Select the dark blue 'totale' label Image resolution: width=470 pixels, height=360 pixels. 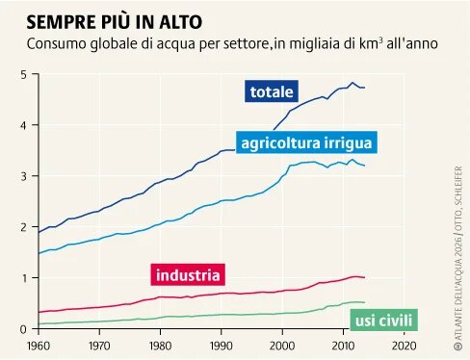(x=272, y=92)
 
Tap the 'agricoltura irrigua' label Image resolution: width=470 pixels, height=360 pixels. (x=305, y=143)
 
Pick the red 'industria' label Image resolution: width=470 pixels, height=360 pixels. (x=188, y=273)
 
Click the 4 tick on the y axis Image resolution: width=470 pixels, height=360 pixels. (x=23, y=125)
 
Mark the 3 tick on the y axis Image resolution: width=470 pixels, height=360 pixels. (x=23, y=176)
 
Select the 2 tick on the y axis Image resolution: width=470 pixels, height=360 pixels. (x=23, y=227)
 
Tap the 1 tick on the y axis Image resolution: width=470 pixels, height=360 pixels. (x=23, y=278)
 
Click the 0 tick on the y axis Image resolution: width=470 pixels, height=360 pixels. (x=23, y=328)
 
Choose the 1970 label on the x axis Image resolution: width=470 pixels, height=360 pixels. (x=100, y=344)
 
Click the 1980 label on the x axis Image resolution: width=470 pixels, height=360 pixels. (x=161, y=344)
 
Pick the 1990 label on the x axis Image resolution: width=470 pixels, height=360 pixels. (x=222, y=344)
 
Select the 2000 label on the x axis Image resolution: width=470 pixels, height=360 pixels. (x=282, y=344)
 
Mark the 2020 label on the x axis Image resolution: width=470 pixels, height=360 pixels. (x=404, y=344)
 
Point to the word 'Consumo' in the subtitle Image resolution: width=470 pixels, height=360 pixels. (x=56, y=44)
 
